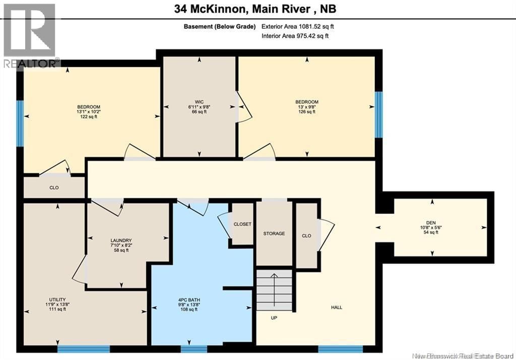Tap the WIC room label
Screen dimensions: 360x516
[x=200, y=101]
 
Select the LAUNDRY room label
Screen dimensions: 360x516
[x=121, y=240]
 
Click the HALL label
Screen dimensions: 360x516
[x=337, y=307]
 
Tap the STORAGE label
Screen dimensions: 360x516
[x=274, y=234]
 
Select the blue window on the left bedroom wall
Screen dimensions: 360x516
[x=20, y=123]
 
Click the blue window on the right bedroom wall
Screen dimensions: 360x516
[x=378, y=114]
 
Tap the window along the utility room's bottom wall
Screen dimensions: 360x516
[x=83, y=348]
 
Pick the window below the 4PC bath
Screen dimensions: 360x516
[x=194, y=348]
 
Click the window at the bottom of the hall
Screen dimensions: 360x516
[x=340, y=348]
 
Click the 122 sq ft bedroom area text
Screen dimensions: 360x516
[x=89, y=117]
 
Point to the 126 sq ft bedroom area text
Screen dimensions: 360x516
[x=306, y=112]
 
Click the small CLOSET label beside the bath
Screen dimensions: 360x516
[x=242, y=224]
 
